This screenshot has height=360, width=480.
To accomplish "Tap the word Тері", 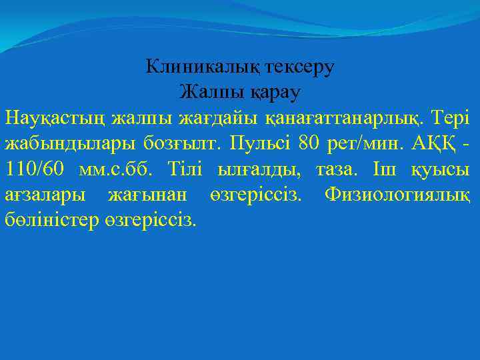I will (453, 118).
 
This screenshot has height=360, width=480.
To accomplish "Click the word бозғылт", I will (183, 143).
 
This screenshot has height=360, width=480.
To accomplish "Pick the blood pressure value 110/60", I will (35, 169).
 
